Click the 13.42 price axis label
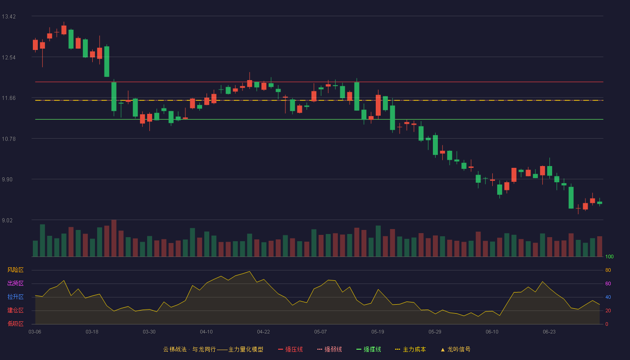point(9,17)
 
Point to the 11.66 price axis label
point(9,98)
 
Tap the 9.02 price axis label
point(7,220)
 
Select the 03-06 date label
point(35,332)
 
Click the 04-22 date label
point(264,332)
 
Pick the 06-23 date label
point(549,332)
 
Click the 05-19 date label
point(378,332)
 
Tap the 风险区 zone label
point(15,270)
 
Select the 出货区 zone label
point(15,283)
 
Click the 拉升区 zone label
point(15,297)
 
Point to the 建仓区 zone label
point(15,310)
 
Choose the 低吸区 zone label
point(15,324)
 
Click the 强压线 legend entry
point(290,350)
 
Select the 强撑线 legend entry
point(369,350)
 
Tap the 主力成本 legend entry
point(410,350)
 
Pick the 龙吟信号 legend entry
point(455,350)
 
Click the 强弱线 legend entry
point(329,350)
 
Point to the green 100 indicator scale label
point(609,256)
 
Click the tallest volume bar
point(114,238)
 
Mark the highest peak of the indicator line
point(249,272)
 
